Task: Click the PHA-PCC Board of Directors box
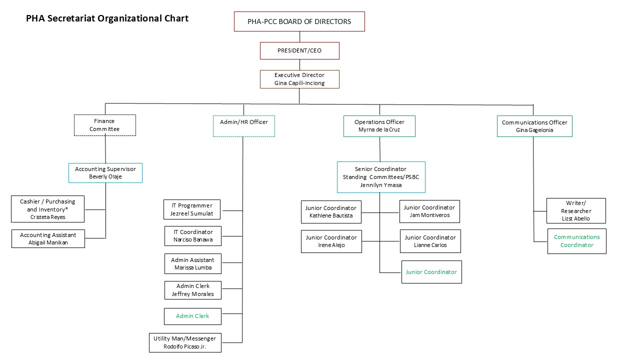(x=299, y=21)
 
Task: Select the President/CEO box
(x=299, y=50)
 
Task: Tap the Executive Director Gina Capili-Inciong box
(x=299, y=79)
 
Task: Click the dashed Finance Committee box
(x=104, y=125)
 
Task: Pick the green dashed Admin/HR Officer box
(x=243, y=126)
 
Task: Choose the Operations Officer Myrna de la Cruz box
(x=379, y=126)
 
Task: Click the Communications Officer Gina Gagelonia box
(x=534, y=126)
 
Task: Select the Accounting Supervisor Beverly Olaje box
(x=105, y=172)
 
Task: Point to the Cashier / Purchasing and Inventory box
(x=47, y=209)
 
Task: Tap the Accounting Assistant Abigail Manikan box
(x=48, y=238)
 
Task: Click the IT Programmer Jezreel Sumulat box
(x=192, y=209)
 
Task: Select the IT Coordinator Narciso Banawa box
(x=192, y=236)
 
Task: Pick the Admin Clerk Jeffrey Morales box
(x=192, y=290)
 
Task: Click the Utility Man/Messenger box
(x=185, y=342)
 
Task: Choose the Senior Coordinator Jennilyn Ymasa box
(x=380, y=177)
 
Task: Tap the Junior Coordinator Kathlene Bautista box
(x=330, y=211)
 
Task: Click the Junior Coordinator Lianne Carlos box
(x=430, y=241)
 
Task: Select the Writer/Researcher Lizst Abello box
(x=575, y=210)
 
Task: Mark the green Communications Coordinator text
(x=576, y=241)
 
